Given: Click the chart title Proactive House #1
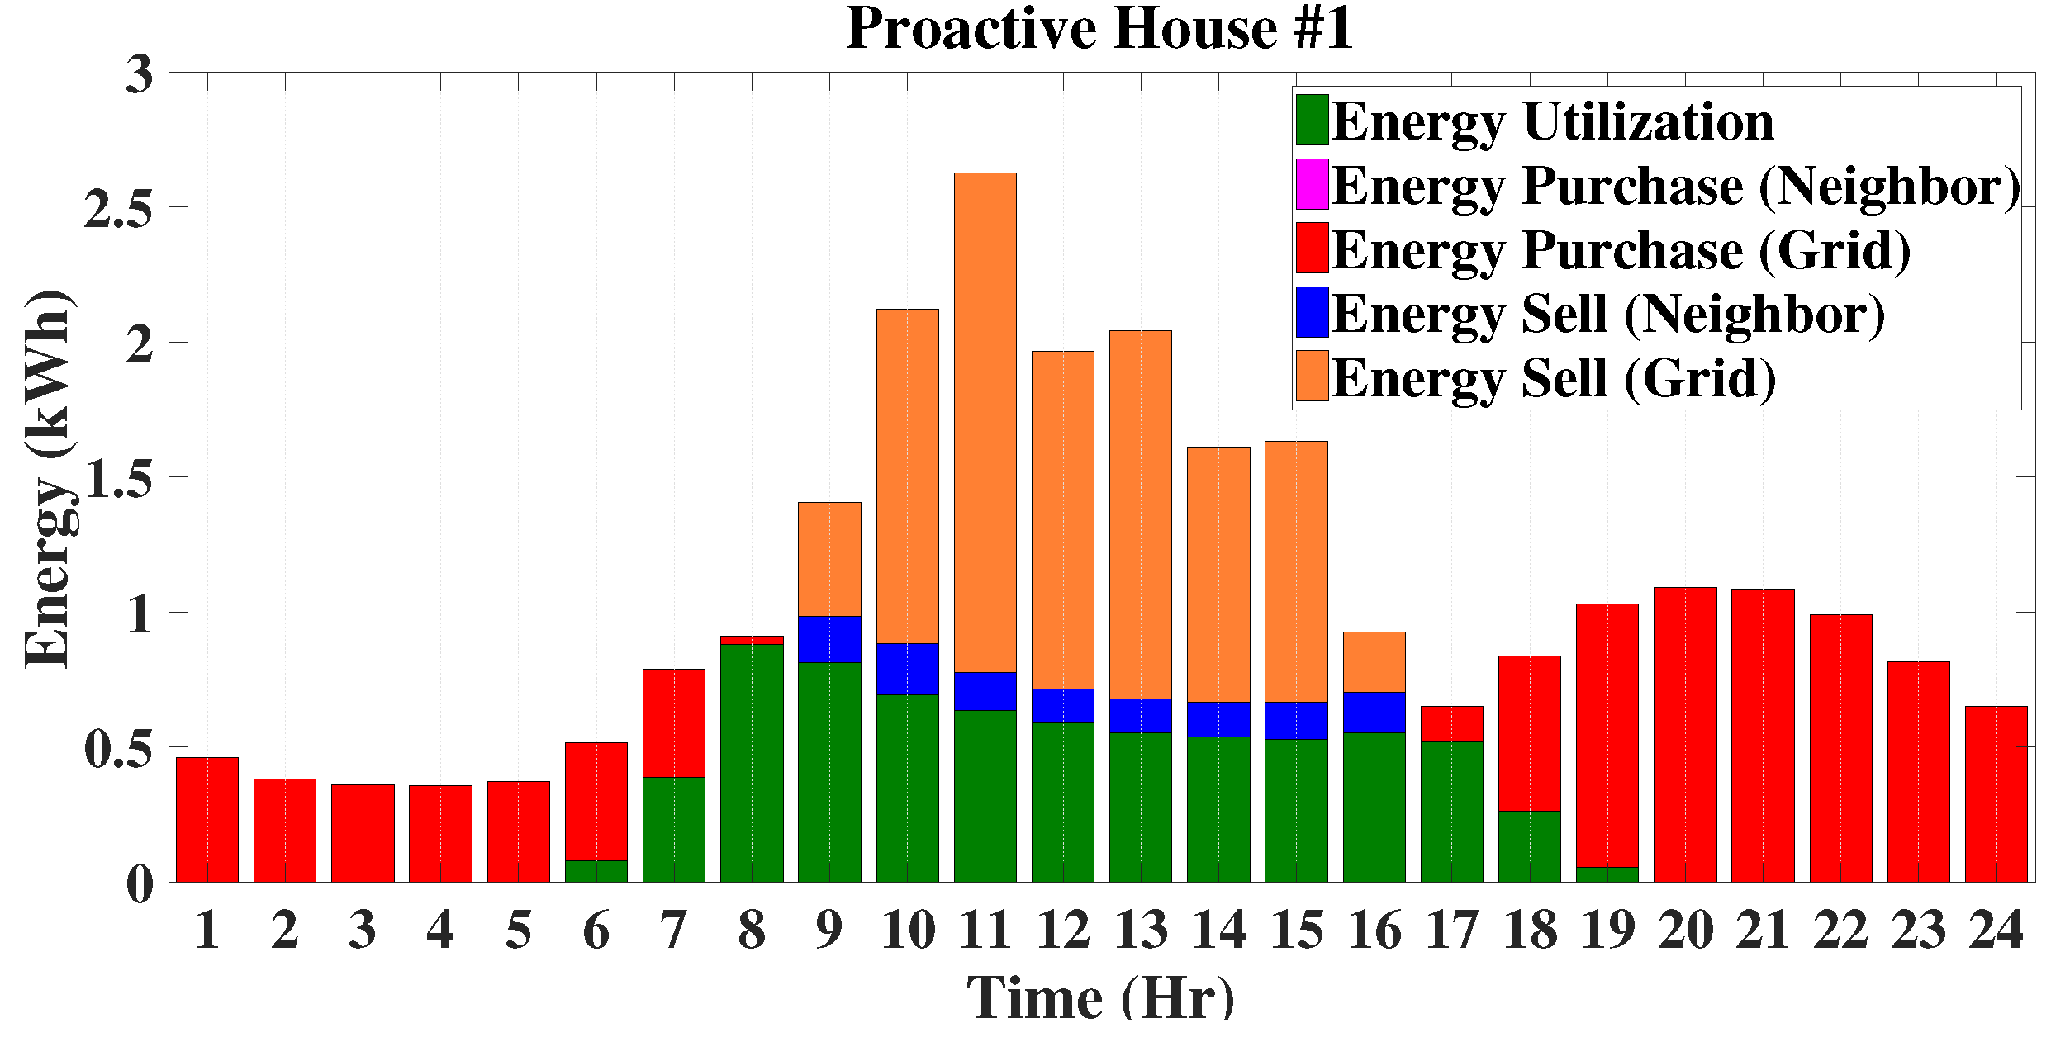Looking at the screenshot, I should click(x=1099, y=30).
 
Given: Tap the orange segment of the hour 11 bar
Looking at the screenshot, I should click(x=985, y=421).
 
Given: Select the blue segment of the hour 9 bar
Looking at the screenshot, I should click(x=829, y=639).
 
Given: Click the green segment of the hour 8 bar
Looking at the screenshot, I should click(x=752, y=763).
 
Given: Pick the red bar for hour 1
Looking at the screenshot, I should click(x=207, y=819).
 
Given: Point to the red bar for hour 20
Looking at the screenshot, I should click(x=1685, y=734).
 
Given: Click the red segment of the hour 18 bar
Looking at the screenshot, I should click(x=1530, y=733).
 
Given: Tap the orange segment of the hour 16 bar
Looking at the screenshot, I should click(x=1374, y=661).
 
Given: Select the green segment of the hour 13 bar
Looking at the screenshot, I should click(x=1140, y=807).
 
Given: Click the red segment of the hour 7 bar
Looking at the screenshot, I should click(x=674, y=722).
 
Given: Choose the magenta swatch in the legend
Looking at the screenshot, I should click(x=1312, y=184).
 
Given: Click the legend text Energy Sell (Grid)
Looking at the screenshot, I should click(x=1554, y=379).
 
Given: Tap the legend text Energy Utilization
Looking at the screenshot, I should click(x=1552, y=122).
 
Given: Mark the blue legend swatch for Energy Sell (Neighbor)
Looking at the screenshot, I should click(x=1312, y=312).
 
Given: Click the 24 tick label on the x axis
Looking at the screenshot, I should click(x=1996, y=931).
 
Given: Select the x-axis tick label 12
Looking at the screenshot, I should click(x=1062, y=931).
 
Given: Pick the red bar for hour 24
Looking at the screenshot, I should click(x=1996, y=793).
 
